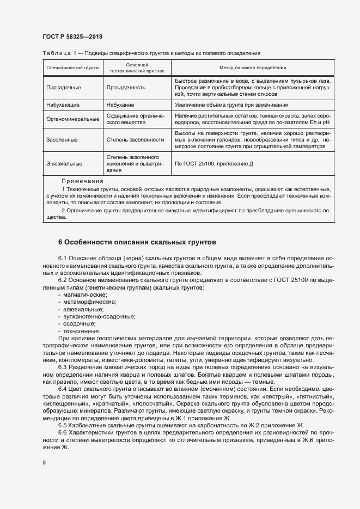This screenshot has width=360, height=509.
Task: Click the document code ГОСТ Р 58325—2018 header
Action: click(72, 37)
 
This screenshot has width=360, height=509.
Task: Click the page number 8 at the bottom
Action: click(44, 462)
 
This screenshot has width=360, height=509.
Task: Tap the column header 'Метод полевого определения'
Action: click(253, 68)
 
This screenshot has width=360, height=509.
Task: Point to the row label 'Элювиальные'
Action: click(64, 163)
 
